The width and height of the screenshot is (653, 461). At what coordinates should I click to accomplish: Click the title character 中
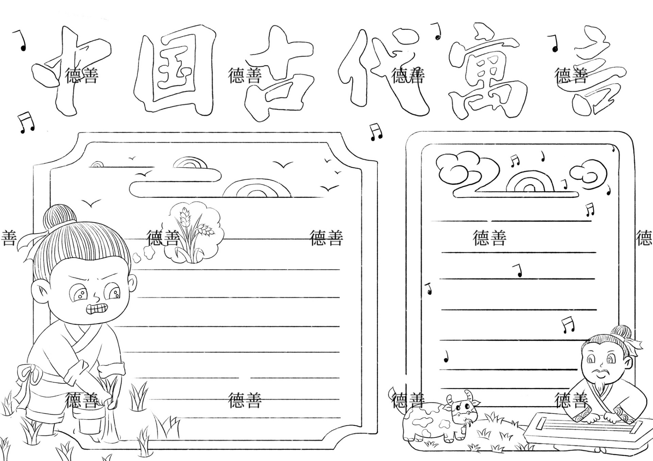click(69, 68)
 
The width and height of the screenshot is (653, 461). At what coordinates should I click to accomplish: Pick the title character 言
click(595, 72)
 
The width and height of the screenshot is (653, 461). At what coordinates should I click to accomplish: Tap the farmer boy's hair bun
click(59, 218)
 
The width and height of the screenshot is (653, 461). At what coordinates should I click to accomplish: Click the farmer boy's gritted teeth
click(97, 309)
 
